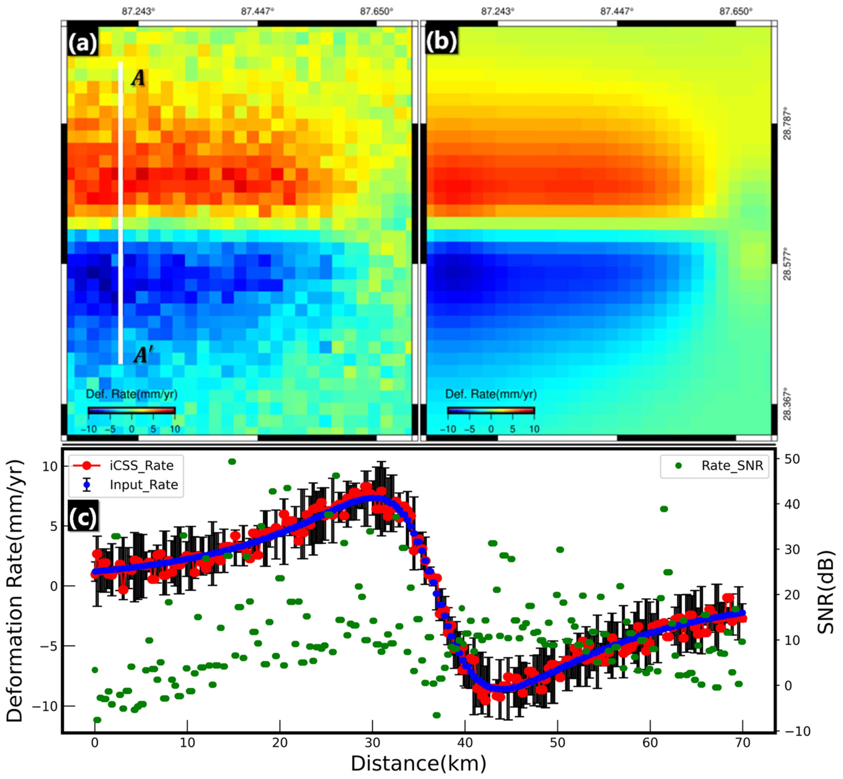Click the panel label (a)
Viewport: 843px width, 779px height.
(x=83, y=42)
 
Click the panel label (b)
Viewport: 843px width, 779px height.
(x=441, y=42)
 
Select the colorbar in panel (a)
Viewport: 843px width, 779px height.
(x=131, y=411)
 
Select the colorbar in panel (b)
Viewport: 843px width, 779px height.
(x=491, y=411)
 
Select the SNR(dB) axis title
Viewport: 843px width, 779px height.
(x=826, y=592)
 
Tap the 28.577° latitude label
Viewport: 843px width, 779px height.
(x=787, y=266)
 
